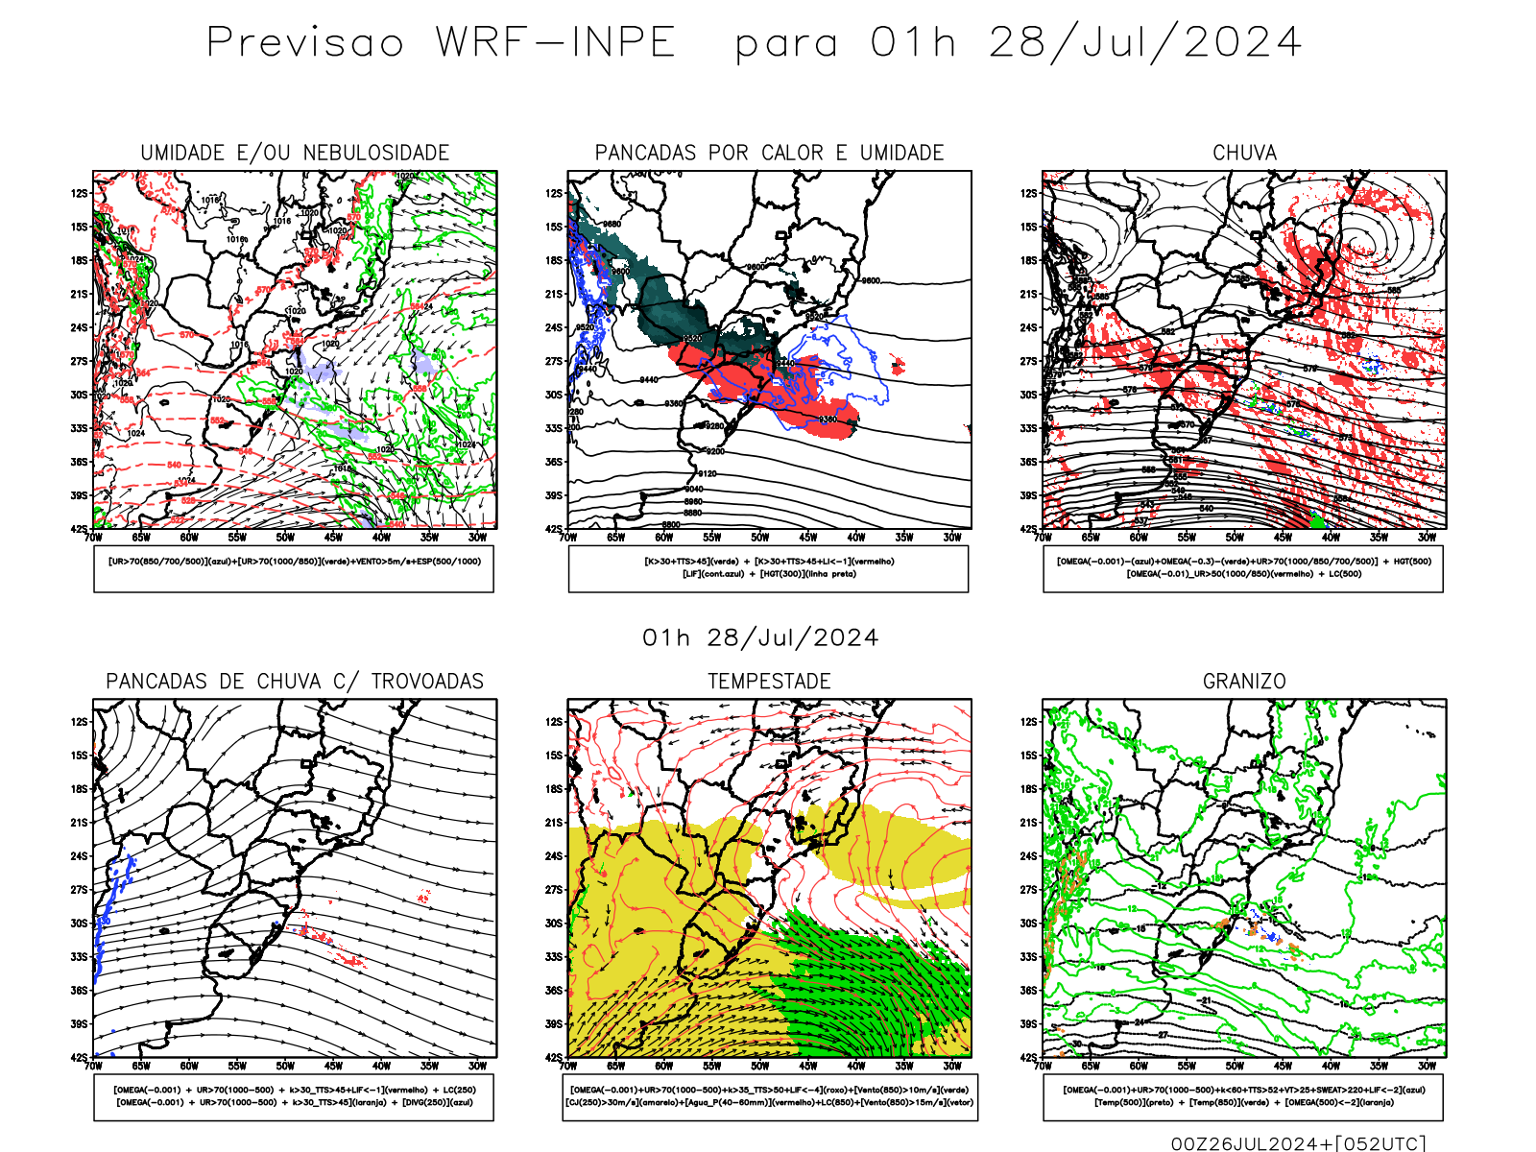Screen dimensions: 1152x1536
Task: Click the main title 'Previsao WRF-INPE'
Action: click(x=442, y=43)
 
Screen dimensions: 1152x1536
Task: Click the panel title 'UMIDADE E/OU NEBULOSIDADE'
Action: click(x=295, y=153)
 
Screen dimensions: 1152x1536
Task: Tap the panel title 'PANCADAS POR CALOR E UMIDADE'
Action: click(x=769, y=153)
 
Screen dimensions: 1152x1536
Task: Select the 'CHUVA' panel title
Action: click(x=1244, y=153)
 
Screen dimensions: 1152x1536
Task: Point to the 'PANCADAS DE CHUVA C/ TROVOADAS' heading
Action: click(x=295, y=682)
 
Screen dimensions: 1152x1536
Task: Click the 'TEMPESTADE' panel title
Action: click(x=769, y=682)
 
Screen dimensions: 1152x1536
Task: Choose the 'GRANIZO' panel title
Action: click(x=1244, y=682)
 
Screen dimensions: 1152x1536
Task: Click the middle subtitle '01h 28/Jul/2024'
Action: click(x=760, y=638)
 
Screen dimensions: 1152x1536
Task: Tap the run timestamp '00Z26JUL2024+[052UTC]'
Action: click(x=1298, y=1143)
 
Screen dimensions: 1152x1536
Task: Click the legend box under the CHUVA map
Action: click(x=1243, y=568)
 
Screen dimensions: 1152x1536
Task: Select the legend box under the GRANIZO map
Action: click(x=1243, y=1096)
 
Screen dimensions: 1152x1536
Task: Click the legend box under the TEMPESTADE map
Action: click(x=769, y=1096)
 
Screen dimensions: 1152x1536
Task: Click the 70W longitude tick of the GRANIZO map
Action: click(x=1044, y=1066)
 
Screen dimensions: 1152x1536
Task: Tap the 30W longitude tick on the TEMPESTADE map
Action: click(x=952, y=1066)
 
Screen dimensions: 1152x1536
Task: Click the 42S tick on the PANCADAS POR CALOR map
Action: click(x=554, y=529)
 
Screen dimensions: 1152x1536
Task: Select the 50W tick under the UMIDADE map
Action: click(x=285, y=538)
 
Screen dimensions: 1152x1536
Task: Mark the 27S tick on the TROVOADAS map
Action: click(x=79, y=890)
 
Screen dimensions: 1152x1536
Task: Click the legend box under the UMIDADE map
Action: click(x=294, y=568)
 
